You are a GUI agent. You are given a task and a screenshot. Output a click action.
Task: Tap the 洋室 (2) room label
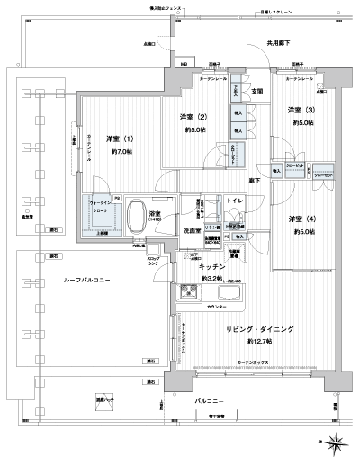click(188, 118)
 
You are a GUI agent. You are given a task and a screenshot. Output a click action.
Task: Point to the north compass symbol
click(335, 440)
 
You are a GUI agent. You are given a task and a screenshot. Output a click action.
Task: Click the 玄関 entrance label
click(256, 91)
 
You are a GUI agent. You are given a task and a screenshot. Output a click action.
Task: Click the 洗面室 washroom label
click(192, 231)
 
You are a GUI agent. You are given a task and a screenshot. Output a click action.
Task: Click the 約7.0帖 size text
click(121, 152)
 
